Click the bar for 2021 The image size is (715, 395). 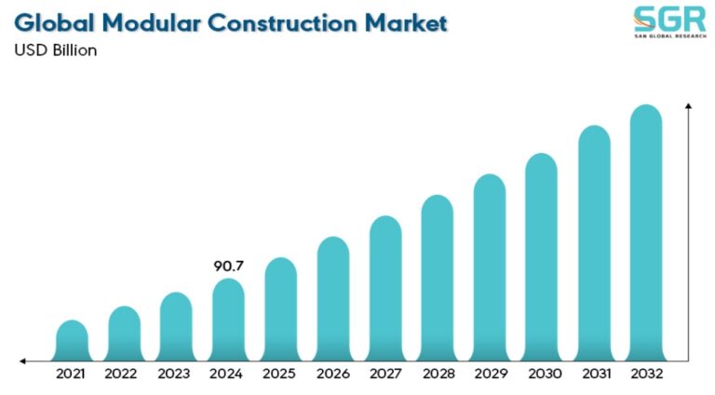(x=72, y=340)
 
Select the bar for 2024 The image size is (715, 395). (x=228, y=320)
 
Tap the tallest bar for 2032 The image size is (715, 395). (x=646, y=233)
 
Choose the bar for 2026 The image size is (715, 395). (x=332, y=298)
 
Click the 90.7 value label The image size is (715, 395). (x=228, y=266)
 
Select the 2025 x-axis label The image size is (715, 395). (x=280, y=375)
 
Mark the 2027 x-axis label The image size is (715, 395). (x=384, y=375)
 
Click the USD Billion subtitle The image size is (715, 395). (x=55, y=50)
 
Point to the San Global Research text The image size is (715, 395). (x=664, y=37)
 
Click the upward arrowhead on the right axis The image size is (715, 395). (x=688, y=109)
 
